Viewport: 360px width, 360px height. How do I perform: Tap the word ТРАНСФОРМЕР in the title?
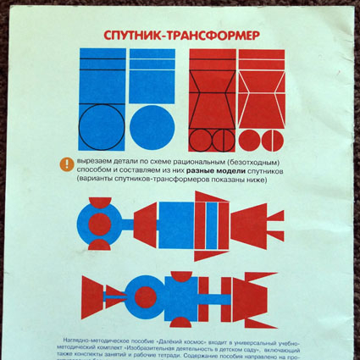pos(212,36)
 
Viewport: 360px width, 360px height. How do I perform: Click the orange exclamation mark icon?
pos(66,164)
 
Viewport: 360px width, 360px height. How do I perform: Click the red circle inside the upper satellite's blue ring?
pos(99,224)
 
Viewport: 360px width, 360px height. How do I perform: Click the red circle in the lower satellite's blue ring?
pos(147,296)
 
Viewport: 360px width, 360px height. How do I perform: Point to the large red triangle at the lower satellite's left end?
pos(90,296)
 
